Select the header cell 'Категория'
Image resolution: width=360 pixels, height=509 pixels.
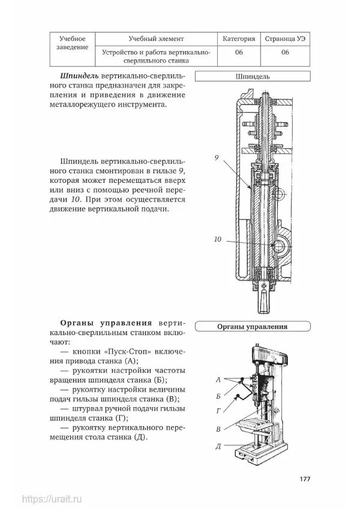[x=238, y=39]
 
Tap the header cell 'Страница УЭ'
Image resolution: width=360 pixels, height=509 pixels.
[x=285, y=39]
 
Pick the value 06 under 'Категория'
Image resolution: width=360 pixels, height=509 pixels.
[x=238, y=52]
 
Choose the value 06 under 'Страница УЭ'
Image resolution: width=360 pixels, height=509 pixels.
[x=285, y=52]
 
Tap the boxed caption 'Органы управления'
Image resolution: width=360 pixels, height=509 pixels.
[x=252, y=327]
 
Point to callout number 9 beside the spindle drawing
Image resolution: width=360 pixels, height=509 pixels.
[x=217, y=158]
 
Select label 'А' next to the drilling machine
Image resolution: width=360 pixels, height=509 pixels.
[x=219, y=380]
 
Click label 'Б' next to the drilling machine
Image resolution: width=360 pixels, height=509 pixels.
[x=219, y=396]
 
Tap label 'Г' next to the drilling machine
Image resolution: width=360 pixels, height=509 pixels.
[x=219, y=411]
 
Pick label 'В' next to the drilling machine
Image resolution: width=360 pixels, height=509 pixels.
[x=219, y=429]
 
